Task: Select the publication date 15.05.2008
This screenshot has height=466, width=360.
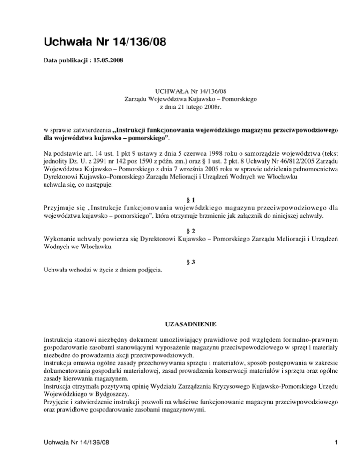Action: [107, 61]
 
